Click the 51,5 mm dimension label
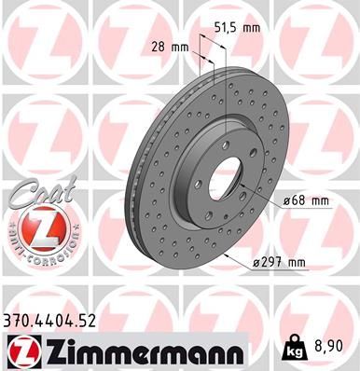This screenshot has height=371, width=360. (237, 28)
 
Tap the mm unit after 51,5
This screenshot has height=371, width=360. (252, 28)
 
